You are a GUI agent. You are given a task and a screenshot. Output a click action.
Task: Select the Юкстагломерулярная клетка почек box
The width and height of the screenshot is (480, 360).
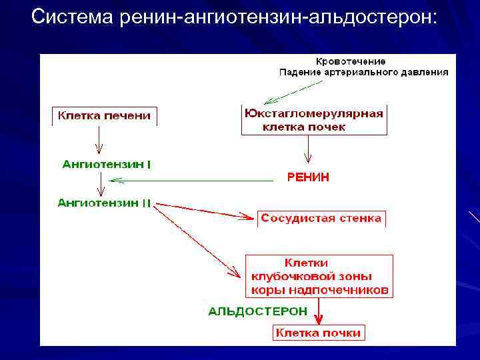click(313, 119)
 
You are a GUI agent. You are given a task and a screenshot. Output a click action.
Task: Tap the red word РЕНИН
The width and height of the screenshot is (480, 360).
click(307, 177)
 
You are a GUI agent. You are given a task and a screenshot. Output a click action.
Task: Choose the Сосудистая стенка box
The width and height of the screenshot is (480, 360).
click(321, 219)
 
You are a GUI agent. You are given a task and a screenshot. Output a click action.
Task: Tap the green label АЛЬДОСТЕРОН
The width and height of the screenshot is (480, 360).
click(257, 311)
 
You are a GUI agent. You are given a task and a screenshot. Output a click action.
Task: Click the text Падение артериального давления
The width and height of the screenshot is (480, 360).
click(363, 72)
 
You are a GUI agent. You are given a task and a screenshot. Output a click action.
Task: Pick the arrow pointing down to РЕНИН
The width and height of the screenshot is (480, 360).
click(307, 150)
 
